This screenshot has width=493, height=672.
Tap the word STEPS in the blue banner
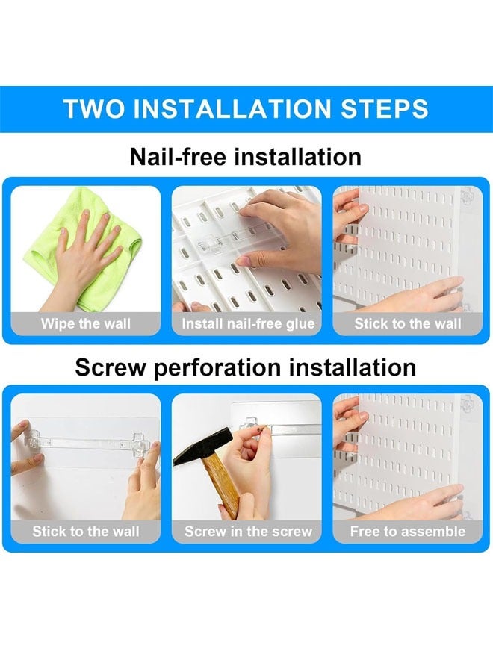click(x=385, y=108)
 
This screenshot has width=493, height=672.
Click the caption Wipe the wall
click(x=85, y=324)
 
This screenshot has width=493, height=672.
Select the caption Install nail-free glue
click(x=248, y=324)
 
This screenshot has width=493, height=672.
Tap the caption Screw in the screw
click(x=248, y=532)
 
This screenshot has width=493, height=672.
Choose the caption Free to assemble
click(x=408, y=532)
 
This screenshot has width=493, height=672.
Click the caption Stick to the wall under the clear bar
click(x=85, y=532)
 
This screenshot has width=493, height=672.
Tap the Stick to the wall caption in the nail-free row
click(x=408, y=324)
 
